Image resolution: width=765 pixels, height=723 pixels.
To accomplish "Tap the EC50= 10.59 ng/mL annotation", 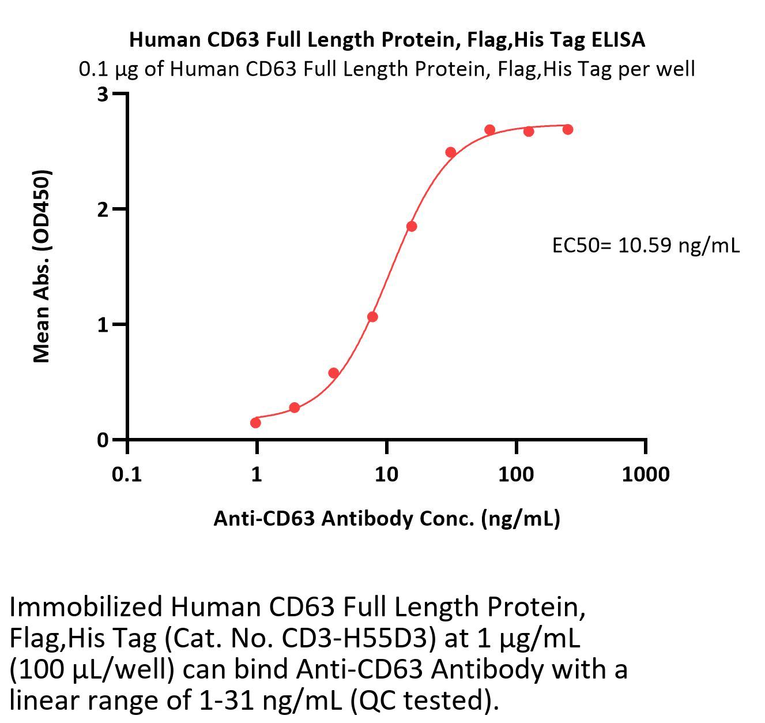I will coord(646,246).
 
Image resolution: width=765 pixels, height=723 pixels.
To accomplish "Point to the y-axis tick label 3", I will coord(103,94).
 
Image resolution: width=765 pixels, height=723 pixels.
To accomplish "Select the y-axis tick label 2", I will coord(103,209).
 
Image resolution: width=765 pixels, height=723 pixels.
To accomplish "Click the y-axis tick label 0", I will coord(103,440).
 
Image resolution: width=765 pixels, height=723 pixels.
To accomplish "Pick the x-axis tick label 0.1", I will coord(127,474).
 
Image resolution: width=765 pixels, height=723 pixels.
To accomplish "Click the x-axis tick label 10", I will coord(386,474).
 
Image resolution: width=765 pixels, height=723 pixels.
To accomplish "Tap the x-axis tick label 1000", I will coord(646,474).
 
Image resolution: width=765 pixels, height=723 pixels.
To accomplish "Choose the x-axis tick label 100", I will coord(516,474).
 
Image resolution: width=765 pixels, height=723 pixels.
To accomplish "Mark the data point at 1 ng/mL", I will coord(255,423).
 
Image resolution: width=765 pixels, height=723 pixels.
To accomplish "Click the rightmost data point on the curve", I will coord(568,129).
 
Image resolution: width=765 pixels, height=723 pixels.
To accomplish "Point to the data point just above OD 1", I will coord(372,317).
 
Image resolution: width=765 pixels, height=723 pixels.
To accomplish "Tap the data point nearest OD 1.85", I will coord(411,226).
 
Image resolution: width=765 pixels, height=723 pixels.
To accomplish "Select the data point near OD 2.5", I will coord(451,152).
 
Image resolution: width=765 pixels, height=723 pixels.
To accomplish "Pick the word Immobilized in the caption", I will coord(86,607).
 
